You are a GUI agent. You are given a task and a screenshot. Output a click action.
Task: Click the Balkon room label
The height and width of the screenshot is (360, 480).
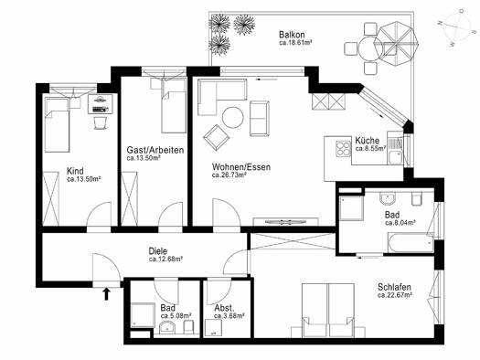click(292, 34)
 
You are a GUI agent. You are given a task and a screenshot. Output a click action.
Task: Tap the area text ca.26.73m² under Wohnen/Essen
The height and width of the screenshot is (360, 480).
click(229, 175)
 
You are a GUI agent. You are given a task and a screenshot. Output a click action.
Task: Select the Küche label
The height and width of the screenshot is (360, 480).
click(367, 141)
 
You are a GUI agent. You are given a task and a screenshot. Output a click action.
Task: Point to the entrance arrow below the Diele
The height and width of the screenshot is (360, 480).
click(106, 293)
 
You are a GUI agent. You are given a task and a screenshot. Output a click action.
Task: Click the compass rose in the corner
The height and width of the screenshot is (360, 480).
click(458, 27)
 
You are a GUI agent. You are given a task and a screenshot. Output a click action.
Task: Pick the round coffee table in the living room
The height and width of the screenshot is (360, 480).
click(233, 118)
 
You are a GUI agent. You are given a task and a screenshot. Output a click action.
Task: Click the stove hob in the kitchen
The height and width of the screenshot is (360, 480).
click(343, 148)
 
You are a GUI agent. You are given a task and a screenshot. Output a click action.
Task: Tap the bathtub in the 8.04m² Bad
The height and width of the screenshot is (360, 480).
click(411, 243)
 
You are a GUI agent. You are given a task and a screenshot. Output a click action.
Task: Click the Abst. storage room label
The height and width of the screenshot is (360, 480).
click(224, 308)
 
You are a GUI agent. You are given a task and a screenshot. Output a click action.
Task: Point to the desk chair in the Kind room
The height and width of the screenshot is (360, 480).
click(101, 122)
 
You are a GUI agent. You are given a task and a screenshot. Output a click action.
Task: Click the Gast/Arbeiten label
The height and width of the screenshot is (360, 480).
click(155, 150)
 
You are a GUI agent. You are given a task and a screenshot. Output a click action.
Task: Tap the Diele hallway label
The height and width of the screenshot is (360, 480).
click(158, 251)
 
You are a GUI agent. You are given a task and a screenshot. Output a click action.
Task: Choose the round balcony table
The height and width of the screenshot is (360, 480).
click(368, 48)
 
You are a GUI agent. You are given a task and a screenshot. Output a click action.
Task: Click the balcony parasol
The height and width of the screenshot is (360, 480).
click(396, 43)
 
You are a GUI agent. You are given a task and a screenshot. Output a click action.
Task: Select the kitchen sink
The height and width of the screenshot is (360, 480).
click(396, 151)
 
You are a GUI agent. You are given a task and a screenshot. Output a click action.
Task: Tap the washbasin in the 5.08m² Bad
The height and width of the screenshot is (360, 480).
click(167, 328)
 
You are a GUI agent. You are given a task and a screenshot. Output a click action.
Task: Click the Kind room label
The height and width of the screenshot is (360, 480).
click(75, 171)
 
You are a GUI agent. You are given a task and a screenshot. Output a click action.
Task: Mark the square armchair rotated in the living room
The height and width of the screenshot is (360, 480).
click(217, 138)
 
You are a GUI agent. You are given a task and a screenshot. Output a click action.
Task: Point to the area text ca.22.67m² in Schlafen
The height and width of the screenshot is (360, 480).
click(395, 295)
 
